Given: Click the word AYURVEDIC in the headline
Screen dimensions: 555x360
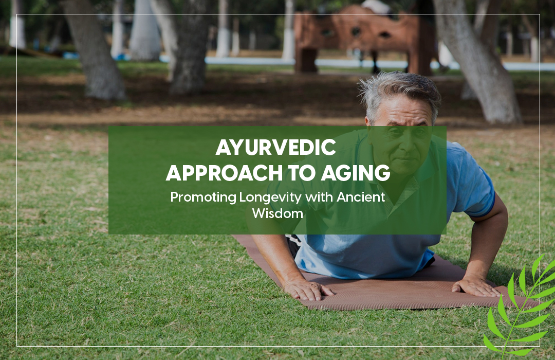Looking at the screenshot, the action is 276,148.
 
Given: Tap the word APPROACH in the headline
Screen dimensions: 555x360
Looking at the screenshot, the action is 224,173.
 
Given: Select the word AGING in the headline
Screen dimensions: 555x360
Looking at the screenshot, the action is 356,173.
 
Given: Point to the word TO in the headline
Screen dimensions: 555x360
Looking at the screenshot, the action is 302,173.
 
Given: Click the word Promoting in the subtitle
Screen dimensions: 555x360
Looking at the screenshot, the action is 203,197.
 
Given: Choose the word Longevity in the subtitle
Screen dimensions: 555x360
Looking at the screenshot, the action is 270,197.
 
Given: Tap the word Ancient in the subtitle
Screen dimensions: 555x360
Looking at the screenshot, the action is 361,196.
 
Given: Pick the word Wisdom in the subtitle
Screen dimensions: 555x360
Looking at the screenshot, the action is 277,213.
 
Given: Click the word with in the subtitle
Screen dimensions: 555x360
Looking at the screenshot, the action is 319,196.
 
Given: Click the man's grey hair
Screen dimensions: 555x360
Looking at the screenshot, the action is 400,91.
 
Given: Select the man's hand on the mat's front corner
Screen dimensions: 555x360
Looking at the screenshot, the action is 308,289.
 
